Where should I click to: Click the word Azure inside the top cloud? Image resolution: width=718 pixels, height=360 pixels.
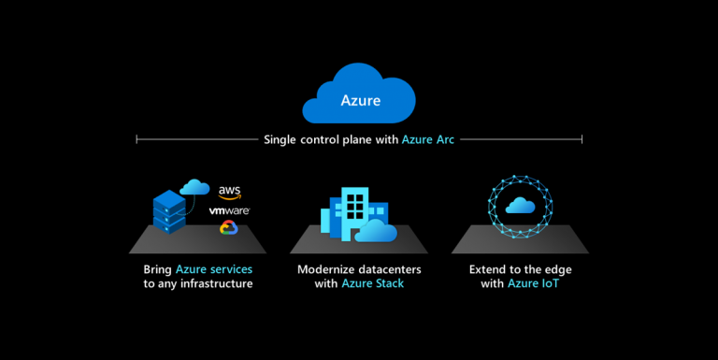click(x=360, y=99)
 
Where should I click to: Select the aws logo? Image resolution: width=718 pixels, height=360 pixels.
click(x=230, y=192)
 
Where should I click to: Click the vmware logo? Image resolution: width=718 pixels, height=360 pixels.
click(x=230, y=211)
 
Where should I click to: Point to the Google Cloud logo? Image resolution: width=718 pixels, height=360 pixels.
click(x=227, y=227)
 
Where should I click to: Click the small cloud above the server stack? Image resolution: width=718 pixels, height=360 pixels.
click(x=194, y=187)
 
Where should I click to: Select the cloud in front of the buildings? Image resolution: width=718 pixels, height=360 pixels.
click(x=376, y=230)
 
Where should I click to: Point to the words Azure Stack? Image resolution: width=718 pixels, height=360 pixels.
click(x=373, y=283)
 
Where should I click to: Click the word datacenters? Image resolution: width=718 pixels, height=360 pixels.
click(x=394, y=269)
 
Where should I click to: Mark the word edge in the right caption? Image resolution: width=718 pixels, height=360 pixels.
click(x=556, y=269)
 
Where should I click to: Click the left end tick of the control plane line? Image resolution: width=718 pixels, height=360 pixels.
click(x=137, y=139)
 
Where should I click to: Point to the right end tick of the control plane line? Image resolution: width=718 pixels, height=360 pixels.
click(x=582, y=139)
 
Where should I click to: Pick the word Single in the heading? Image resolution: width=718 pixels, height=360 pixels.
click(x=281, y=139)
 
